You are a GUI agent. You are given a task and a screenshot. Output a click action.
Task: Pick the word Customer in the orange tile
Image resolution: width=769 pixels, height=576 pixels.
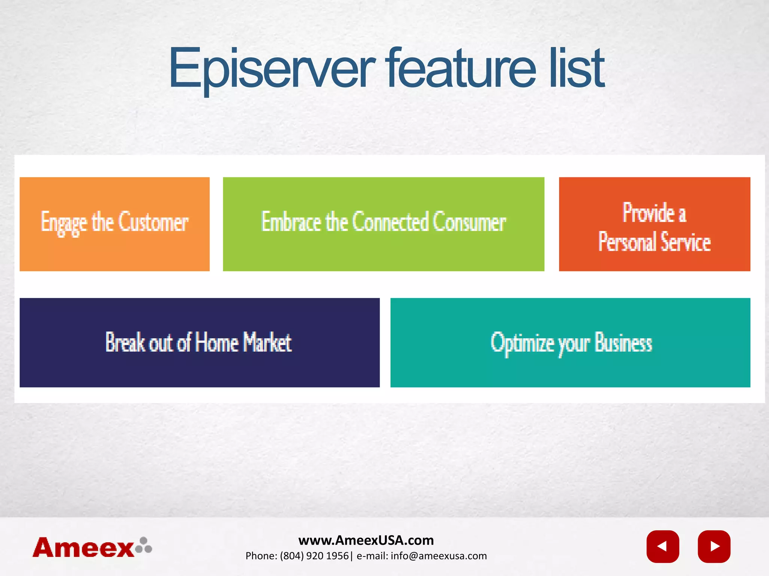153,222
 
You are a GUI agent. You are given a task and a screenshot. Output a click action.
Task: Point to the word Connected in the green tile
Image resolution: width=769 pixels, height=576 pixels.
390,222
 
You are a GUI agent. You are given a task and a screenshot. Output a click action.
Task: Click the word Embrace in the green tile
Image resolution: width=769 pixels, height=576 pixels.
291,222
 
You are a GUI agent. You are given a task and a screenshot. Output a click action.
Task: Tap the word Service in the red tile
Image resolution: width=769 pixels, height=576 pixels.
685,242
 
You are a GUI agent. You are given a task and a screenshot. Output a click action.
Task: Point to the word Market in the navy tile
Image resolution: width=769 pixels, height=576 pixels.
267,342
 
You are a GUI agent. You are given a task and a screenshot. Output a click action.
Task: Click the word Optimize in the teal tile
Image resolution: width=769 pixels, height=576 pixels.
522,342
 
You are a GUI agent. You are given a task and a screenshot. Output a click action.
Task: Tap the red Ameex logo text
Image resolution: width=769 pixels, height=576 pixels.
83,548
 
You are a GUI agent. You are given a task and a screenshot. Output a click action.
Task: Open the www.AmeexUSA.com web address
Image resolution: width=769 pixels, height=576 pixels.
366,540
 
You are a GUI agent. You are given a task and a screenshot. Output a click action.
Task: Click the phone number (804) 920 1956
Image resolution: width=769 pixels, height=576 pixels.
314,556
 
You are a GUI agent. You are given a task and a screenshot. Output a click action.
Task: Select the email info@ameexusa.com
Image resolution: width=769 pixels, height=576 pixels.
439,556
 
